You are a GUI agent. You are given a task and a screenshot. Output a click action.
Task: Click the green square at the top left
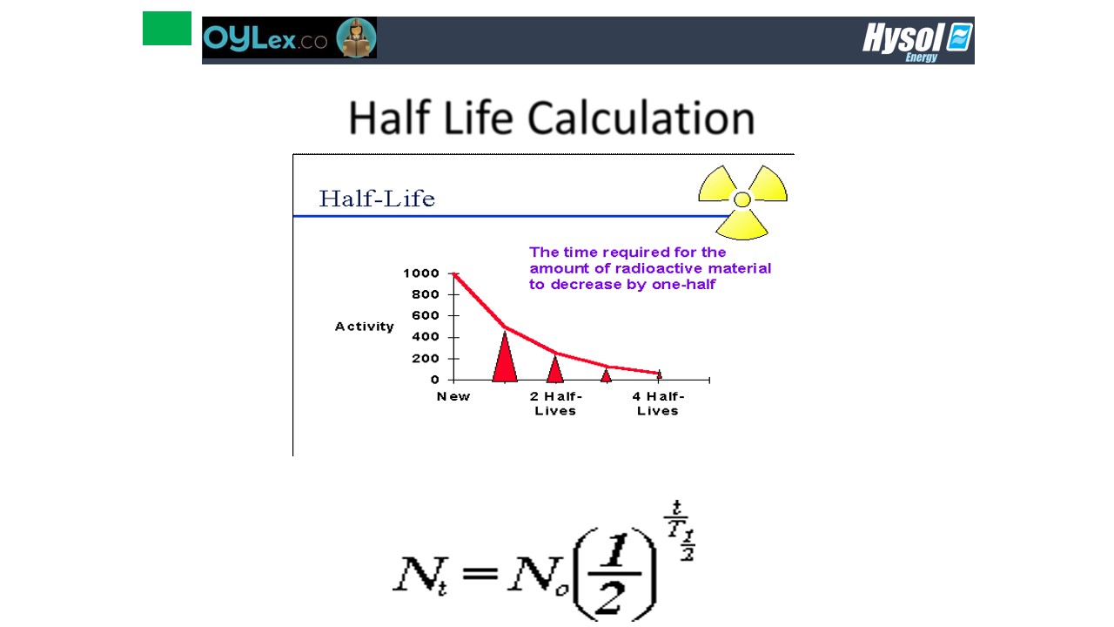pos(166,29)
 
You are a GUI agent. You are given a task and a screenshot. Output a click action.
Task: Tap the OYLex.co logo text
pos(265,37)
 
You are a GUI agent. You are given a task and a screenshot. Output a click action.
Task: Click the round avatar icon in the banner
pos(356,37)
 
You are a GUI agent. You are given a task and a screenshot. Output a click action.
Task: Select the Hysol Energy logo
pos(917,42)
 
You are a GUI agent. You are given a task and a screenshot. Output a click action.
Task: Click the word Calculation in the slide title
pos(641,118)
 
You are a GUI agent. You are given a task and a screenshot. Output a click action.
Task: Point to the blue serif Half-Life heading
pos(377,199)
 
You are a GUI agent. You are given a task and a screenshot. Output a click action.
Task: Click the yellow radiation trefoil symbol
pos(742,202)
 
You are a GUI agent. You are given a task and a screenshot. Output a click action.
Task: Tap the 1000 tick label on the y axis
pos(421,273)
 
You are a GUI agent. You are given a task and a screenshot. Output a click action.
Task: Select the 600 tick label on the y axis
pos(426,315)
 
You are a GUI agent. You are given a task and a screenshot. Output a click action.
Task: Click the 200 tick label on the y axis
pos(426,358)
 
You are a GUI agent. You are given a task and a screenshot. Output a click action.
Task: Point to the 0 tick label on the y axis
pos(434,380)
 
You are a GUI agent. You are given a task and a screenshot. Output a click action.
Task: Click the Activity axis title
pos(364,327)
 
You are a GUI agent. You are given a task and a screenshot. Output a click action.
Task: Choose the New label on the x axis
pos(453,396)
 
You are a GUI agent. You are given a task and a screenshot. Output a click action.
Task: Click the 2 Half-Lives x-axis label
pos(555,403)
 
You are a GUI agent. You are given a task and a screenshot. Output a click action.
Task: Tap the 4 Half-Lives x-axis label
pos(658,403)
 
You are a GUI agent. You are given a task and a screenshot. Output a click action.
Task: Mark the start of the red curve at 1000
pos(454,273)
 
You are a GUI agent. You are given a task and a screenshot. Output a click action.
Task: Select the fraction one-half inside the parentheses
pos(614,573)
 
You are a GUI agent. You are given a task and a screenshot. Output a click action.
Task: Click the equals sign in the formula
pos(480,573)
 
